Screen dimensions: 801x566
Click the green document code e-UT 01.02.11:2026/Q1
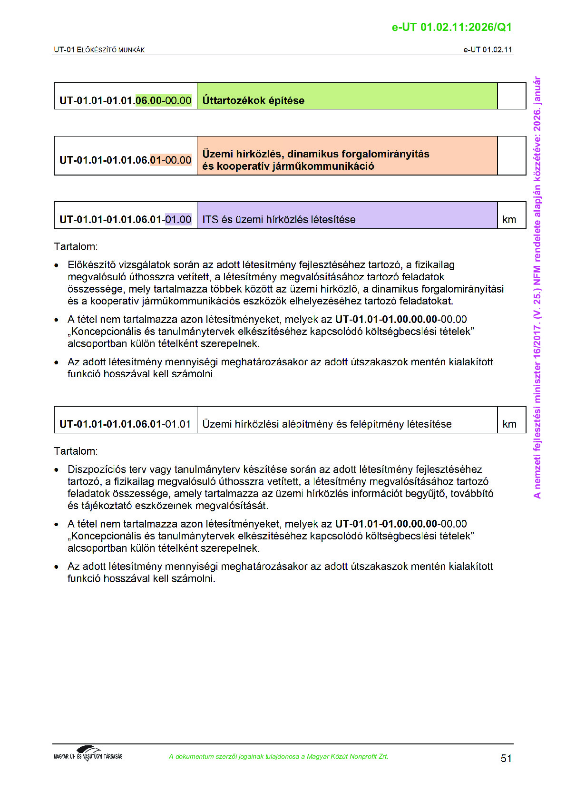pyautogui.click(x=451, y=27)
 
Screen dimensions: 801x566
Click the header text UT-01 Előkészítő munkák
pyautogui.click(x=99, y=49)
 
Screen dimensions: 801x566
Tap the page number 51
pyautogui.click(x=506, y=758)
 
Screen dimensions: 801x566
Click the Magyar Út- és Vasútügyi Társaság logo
pyautogui.click(x=88, y=753)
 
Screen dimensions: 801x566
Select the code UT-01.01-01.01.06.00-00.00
pyautogui.click(x=125, y=100)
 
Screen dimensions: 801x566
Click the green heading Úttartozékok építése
pyautogui.click(x=253, y=100)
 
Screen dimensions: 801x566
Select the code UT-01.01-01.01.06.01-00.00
pyautogui.click(x=125, y=160)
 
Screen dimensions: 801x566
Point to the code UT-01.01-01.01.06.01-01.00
pyautogui.click(x=125, y=219)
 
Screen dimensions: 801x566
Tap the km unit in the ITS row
pyautogui.click(x=509, y=219)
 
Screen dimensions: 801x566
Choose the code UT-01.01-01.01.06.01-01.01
pyautogui.click(x=125, y=424)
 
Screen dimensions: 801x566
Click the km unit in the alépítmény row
pyautogui.click(x=509, y=424)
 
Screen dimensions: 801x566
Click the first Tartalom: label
pyautogui.click(x=76, y=246)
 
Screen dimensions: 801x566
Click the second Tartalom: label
pyautogui.click(x=76, y=451)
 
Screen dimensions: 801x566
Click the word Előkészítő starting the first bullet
pyautogui.click(x=91, y=265)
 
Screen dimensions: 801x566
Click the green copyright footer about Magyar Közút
pyautogui.click(x=278, y=756)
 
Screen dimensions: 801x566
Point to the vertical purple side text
pyautogui.click(x=537, y=287)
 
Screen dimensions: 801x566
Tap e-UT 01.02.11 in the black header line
pyautogui.click(x=488, y=49)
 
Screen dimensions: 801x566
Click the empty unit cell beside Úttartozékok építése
pyautogui.click(x=511, y=96)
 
